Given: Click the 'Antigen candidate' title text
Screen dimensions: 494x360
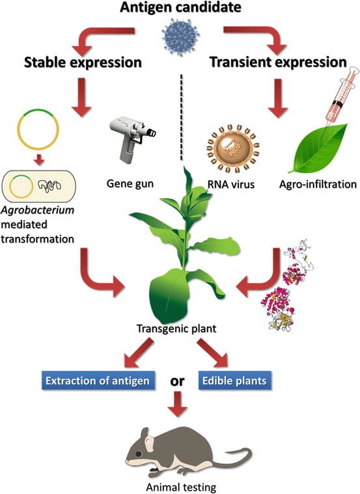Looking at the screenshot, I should [x=180, y=8].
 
